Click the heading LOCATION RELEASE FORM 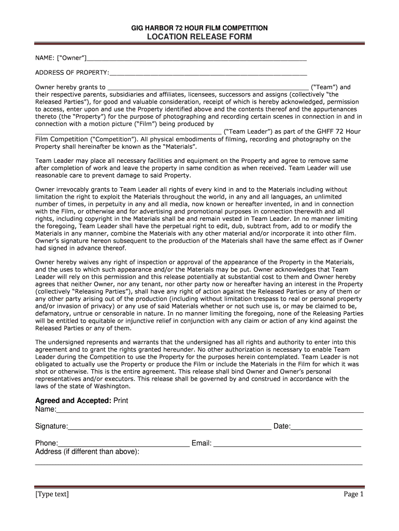(x=199, y=37)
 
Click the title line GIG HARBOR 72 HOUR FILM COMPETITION (x=199, y=28)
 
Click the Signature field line (x=169, y=428)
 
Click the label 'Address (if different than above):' (x=87, y=452)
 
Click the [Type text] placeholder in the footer (x=52, y=494)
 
